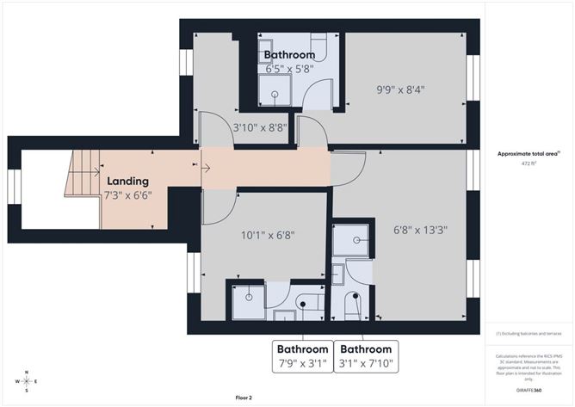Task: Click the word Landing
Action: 127,182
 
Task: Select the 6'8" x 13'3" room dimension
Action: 418,230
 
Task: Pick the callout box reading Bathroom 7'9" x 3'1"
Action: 301,356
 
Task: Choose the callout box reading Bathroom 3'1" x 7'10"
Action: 366,356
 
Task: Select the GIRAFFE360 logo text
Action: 529,390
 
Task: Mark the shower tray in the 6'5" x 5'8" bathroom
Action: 275,95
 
